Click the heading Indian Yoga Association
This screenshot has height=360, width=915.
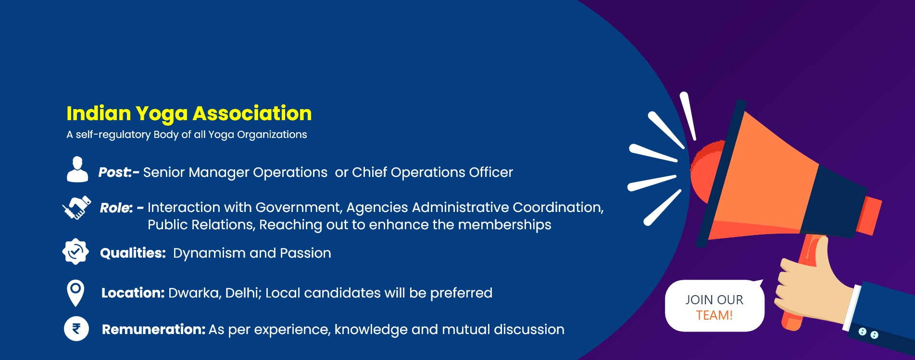189,114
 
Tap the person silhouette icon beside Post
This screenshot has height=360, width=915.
77,169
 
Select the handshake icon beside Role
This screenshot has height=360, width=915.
77,207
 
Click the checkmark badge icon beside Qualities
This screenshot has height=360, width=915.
75,251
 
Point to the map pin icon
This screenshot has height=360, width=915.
75,293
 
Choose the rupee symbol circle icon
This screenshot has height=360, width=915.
76,329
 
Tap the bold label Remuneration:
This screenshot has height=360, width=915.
153,329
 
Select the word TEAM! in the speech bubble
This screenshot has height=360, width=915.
714,315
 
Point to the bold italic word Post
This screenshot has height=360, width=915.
114,172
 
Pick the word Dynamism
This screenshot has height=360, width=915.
209,253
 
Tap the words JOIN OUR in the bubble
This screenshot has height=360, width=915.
714,300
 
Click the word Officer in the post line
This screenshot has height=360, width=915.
491,172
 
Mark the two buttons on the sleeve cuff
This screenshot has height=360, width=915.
868,333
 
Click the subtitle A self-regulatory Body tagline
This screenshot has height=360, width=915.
187,135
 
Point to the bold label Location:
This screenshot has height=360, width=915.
133,293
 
